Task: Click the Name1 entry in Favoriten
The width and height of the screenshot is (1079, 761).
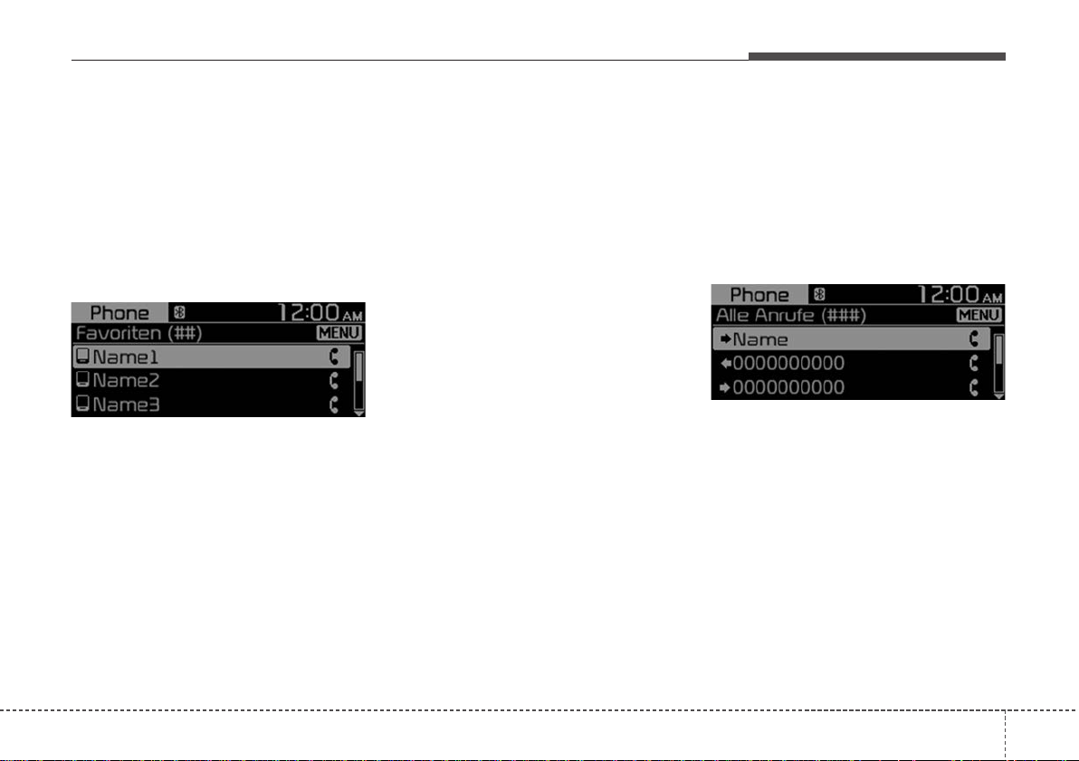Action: pos(125,357)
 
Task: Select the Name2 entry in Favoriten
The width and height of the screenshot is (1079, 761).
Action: pos(125,380)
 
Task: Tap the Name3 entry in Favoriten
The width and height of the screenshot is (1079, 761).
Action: pos(125,404)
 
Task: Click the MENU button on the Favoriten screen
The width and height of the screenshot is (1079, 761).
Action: pos(339,333)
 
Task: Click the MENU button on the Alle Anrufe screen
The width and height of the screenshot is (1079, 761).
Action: pos(979,315)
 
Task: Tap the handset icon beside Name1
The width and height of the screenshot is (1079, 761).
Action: pos(334,357)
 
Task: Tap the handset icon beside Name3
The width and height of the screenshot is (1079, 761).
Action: pos(334,404)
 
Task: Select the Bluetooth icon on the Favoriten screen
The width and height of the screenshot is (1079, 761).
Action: pos(179,312)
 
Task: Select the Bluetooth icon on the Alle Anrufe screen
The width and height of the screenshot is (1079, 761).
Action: pos(819,294)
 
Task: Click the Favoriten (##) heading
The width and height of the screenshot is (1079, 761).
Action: pos(138,334)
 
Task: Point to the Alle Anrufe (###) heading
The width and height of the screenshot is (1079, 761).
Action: pos(790,316)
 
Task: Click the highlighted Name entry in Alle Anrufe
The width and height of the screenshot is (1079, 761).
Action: pos(760,339)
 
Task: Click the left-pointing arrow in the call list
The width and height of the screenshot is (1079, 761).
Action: pos(725,363)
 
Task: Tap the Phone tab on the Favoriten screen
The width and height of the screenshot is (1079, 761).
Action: pos(119,313)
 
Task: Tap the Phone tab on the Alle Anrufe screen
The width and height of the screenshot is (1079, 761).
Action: pos(759,294)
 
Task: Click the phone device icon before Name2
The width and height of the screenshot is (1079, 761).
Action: pos(82,380)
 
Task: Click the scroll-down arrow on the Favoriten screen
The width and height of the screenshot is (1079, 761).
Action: pos(358,414)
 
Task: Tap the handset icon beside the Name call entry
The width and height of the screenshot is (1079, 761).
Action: pos(974,338)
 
